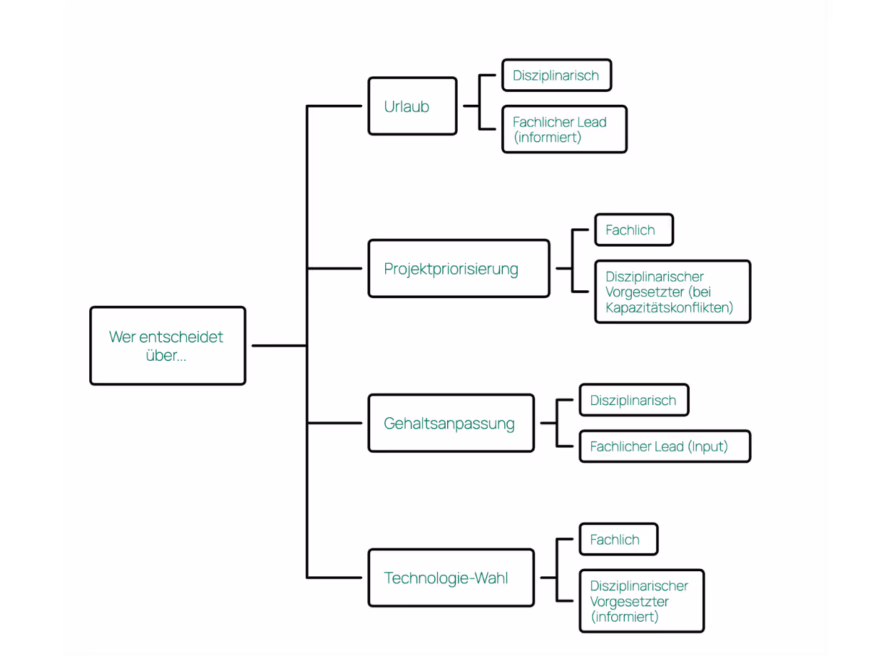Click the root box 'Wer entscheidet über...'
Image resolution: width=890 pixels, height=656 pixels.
(168, 346)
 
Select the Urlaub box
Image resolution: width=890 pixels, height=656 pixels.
(412, 106)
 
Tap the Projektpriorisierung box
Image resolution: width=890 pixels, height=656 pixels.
(459, 269)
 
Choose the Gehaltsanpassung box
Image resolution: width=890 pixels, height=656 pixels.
(451, 424)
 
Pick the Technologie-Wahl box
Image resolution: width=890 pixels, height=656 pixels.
(451, 578)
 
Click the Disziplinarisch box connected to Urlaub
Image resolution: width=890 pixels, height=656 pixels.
(556, 76)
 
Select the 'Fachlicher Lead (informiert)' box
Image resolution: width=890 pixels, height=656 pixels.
(564, 130)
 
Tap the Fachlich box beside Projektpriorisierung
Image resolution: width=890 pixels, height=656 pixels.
(633, 230)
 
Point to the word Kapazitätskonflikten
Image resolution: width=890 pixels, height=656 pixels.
(669, 308)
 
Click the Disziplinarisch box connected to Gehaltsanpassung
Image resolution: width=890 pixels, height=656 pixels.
(633, 401)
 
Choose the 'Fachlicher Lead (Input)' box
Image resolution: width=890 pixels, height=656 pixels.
(665, 447)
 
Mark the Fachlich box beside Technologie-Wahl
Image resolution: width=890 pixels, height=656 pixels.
(618, 540)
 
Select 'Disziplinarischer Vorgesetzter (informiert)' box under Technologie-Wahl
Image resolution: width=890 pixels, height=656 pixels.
(641, 601)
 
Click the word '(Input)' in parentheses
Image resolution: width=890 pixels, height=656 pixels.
(707, 447)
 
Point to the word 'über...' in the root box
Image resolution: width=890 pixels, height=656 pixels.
(166, 355)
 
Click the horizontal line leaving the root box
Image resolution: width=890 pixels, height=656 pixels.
(278, 346)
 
